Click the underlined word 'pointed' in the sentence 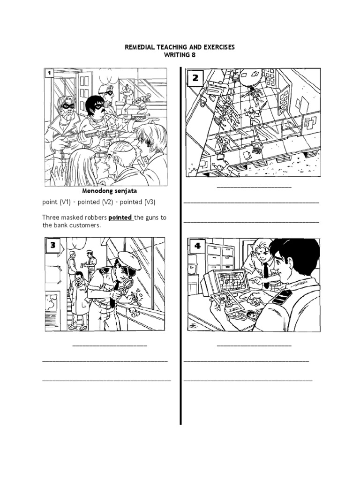(x=121, y=217)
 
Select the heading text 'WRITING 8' (x=180, y=55)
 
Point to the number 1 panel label (x=49, y=73)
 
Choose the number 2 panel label (x=195, y=78)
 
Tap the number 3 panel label (x=53, y=245)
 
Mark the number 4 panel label (x=197, y=246)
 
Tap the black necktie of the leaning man (x=266, y=274)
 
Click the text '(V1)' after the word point (x=64, y=202)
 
